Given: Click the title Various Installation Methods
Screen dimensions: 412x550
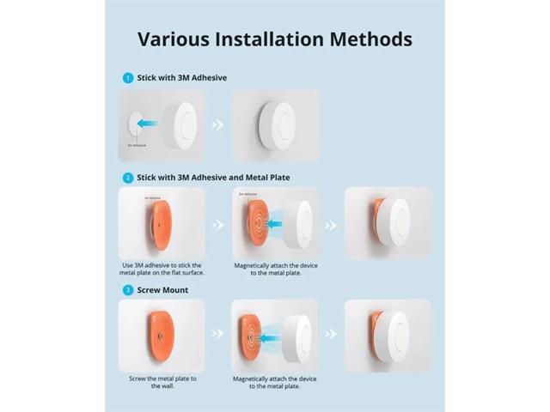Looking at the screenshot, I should pos(275,39).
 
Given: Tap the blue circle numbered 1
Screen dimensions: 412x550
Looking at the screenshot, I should pos(127,77).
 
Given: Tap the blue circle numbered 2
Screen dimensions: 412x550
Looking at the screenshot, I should pos(127,178).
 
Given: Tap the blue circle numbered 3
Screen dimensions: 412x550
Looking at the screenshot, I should pos(127,290).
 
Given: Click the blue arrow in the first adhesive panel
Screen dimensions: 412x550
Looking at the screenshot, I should pos(155,124).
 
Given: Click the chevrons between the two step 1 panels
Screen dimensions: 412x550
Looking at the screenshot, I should pos(218,124).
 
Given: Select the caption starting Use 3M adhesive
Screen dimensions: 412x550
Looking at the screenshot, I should pos(162,271).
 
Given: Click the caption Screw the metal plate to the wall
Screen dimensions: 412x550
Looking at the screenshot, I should pos(162,382).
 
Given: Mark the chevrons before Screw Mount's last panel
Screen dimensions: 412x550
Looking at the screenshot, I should pos(331,336).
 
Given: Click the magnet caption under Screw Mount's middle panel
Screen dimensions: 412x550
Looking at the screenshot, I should pos(275,382).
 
